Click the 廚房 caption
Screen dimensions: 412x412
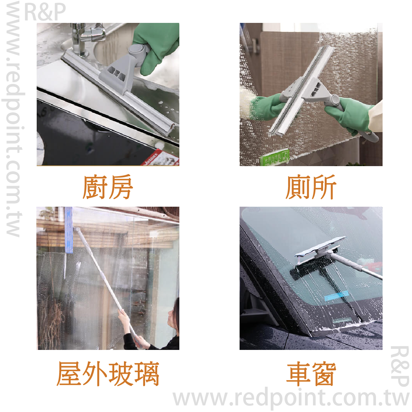coord(108,187)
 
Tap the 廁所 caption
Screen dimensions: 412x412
coord(311,187)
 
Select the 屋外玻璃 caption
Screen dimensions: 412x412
coord(108,374)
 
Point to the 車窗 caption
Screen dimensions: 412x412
coord(311,374)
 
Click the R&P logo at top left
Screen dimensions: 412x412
coord(45,12)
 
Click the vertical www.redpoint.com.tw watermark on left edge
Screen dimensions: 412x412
coord(13,119)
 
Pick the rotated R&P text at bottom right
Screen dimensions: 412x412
coord(400,366)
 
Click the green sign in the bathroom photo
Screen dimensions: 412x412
coord(275,157)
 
